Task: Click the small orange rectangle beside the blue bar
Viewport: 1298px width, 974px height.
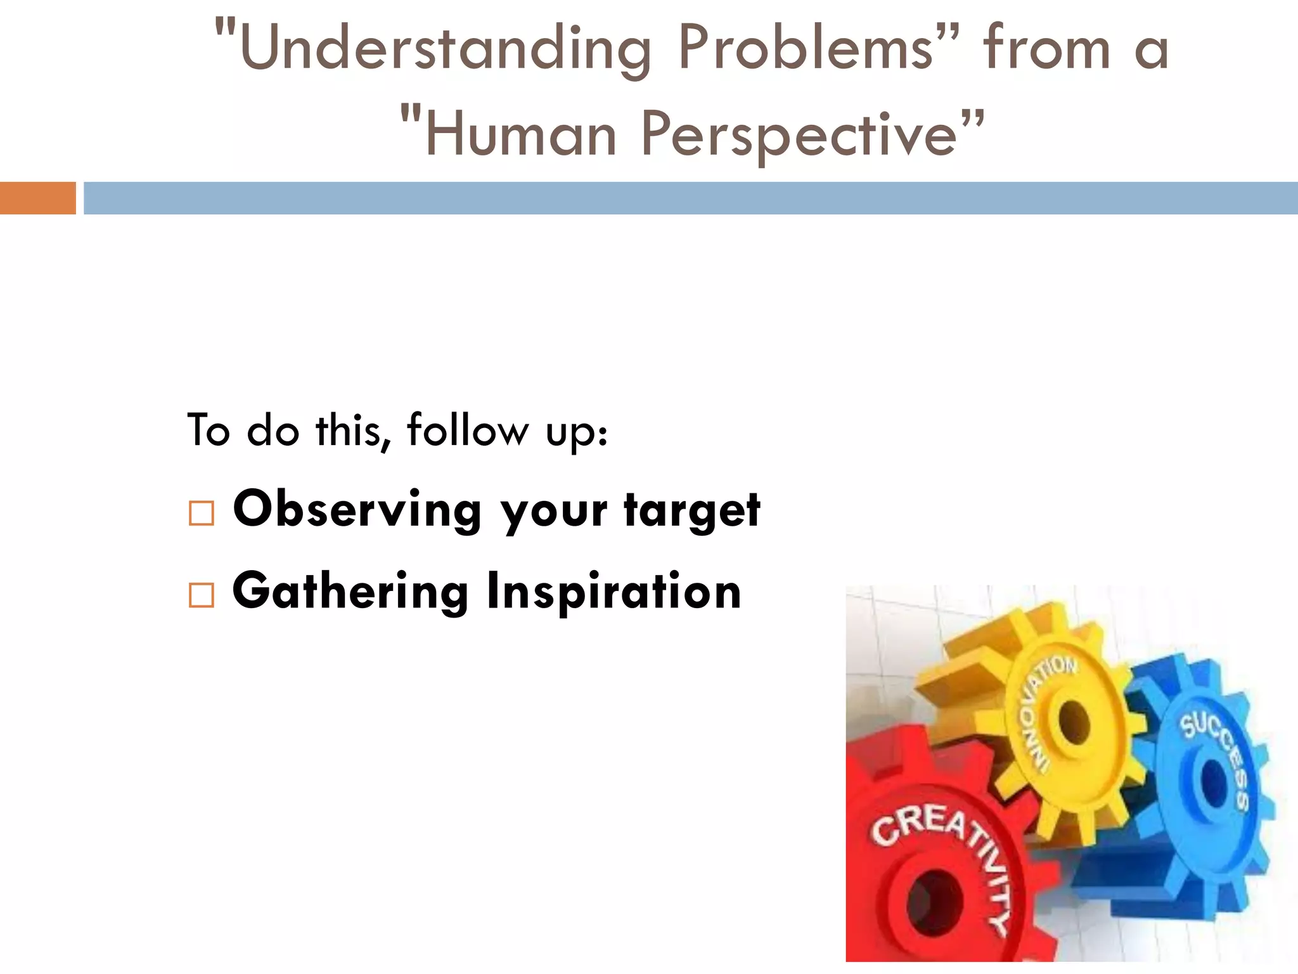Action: tap(37, 198)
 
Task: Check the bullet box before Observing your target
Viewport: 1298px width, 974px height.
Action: tap(202, 513)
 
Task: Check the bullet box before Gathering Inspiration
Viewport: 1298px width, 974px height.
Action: tap(202, 595)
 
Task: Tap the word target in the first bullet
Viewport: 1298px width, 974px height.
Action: tap(692, 511)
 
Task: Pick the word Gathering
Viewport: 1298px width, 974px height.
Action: tap(350, 592)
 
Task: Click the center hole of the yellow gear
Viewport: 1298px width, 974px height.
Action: tap(1071, 723)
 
